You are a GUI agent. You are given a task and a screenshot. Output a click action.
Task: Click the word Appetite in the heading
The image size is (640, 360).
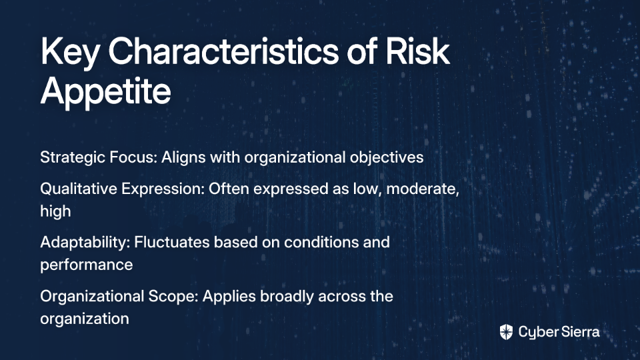[x=105, y=92]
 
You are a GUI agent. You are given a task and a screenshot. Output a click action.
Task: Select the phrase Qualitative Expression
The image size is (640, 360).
[x=121, y=189]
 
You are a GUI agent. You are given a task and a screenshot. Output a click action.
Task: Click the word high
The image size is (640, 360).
[x=55, y=211]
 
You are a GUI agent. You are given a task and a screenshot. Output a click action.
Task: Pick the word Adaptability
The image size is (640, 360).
[x=85, y=243]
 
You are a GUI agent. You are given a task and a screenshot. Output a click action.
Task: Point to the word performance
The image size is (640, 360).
[x=87, y=265]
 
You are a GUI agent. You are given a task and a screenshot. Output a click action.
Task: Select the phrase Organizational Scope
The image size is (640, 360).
[x=119, y=296]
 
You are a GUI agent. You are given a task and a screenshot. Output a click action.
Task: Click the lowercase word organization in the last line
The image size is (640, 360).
[x=85, y=319]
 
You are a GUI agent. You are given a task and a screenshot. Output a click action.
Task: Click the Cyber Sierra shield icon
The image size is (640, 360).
[x=506, y=332]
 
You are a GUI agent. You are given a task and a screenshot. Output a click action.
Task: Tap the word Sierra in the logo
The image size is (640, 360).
[x=579, y=332]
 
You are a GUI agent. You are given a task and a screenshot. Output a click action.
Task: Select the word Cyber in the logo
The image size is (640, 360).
[x=537, y=333]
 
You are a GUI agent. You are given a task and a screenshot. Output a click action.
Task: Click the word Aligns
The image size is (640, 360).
[x=183, y=157]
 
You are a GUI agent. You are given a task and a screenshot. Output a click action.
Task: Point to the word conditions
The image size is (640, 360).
[x=316, y=243]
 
